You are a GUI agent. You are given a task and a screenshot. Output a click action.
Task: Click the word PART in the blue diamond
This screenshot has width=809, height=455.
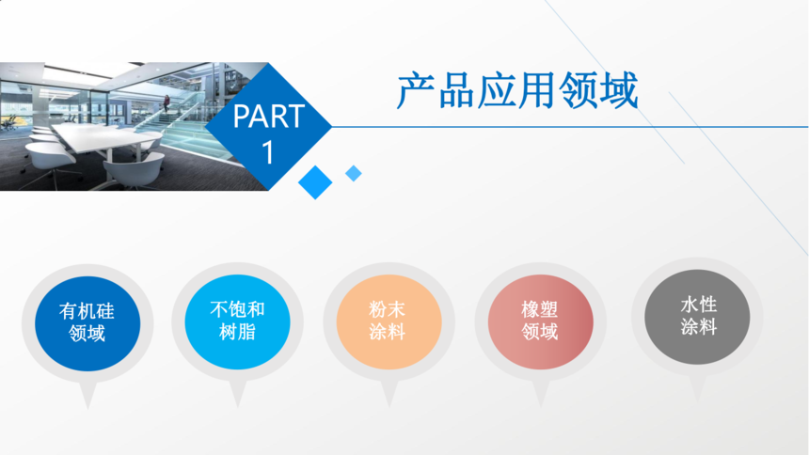pyautogui.click(x=268, y=116)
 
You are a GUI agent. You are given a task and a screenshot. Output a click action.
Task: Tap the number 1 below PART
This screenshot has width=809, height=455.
pyautogui.click(x=268, y=152)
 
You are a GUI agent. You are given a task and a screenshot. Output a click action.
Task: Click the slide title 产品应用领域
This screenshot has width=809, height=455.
pyautogui.click(x=517, y=91)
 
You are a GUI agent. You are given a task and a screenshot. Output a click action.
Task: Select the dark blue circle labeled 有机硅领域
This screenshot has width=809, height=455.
pyautogui.click(x=87, y=323)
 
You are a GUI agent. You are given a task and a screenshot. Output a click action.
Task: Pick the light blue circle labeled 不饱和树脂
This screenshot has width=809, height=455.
pyautogui.click(x=237, y=322)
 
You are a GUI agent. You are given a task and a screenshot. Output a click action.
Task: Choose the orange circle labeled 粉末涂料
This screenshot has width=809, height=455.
pyautogui.click(x=389, y=322)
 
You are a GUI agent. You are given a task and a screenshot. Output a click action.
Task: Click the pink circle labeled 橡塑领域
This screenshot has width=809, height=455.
pyautogui.click(x=540, y=322)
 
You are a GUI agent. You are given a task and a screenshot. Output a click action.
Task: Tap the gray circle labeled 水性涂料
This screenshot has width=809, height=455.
pyautogui.click(x=697, y=317)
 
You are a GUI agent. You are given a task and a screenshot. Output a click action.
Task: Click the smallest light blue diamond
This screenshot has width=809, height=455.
pyautogui.click(x=354, y=173)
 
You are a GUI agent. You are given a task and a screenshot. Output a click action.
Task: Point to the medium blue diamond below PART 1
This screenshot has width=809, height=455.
pyautogui.click(x=315, y=182)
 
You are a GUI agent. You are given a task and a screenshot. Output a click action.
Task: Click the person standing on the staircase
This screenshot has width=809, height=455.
pyautogui.click(x=167, y=103)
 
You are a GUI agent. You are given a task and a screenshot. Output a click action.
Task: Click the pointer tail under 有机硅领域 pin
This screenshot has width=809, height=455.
pyautogui.click(x=87, y=396)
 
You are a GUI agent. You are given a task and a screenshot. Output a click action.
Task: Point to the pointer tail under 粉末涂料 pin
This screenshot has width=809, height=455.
pyautogui.click(x=389, y=395)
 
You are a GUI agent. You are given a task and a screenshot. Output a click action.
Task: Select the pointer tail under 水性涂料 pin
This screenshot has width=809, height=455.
pyautogui.click(x=697, y=389)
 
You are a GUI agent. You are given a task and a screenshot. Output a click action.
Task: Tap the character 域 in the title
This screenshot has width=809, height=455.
pyautogui.click(x=619, y=91)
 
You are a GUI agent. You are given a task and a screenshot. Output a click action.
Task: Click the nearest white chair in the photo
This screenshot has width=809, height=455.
pyautogui.click(x=133, y=172)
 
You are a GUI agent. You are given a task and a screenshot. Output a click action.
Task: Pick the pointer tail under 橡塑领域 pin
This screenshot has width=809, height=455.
pyautogui.click(x=540, y=395)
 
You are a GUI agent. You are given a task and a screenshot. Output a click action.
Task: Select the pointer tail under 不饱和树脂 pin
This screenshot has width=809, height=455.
pyautogui.click(x=237, y=395)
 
